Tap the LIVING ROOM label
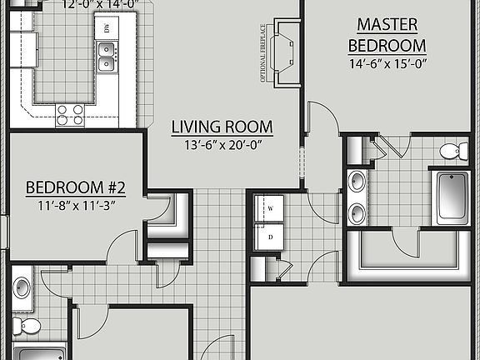click(222, 127)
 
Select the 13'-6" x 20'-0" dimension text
click(222, 144)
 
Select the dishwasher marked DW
click(107, 29)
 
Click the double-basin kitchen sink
click(107, 57)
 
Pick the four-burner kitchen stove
click(70, 114)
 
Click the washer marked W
click(271, 208)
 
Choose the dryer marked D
click(271, 236)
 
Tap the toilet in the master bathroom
click(450, 152)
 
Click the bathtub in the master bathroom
click(452, 197)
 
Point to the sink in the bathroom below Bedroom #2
click(22, 288)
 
